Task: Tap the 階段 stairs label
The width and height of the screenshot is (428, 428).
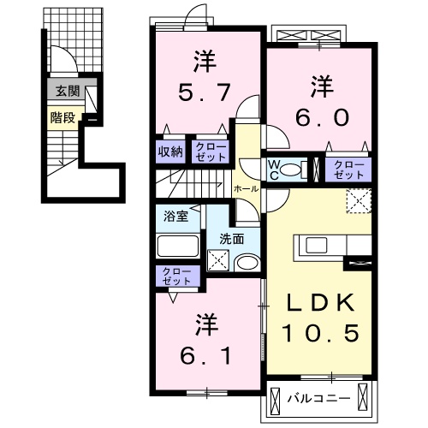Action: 61,118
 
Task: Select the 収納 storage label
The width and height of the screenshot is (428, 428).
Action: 169,152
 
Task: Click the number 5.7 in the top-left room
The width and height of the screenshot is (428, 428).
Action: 204,89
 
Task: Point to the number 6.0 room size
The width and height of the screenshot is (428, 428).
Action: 320,116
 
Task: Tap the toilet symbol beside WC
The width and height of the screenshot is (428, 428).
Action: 294,167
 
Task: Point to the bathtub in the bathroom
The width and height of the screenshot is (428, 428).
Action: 178,246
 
